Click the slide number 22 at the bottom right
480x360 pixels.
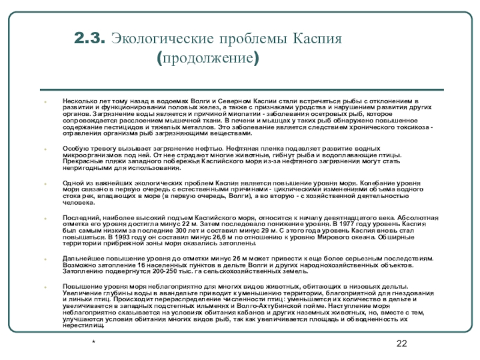click(402, 343)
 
